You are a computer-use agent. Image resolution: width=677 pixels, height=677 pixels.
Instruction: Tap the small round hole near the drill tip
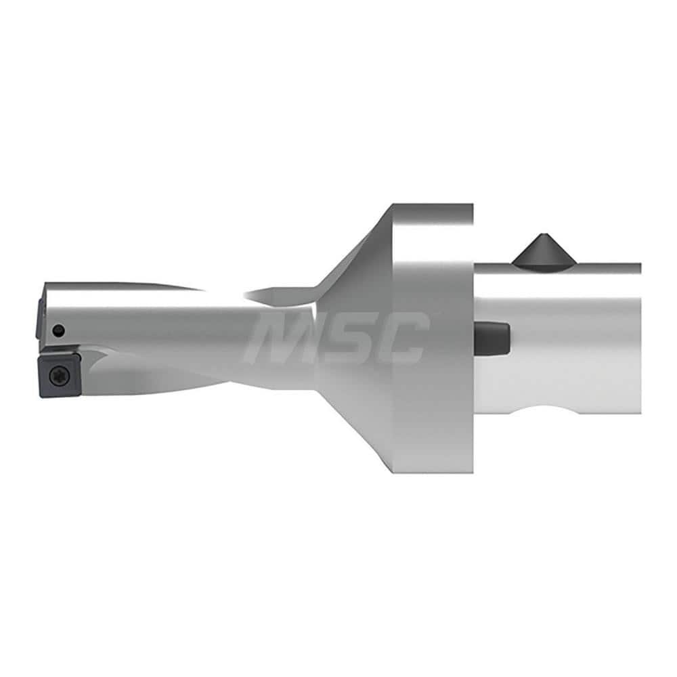point(60,330)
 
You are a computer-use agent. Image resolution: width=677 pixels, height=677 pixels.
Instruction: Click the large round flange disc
point(433,338)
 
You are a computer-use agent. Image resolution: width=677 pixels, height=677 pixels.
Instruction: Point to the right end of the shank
point(639,338)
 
